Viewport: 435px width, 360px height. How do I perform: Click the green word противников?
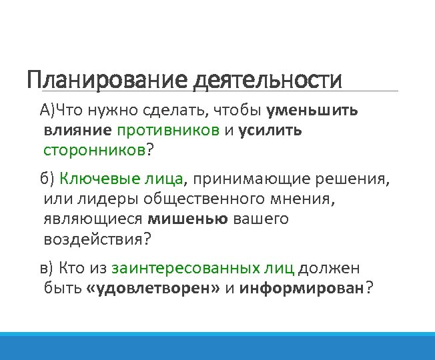click(168, 130)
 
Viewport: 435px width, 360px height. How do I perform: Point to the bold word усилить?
click(270, 130)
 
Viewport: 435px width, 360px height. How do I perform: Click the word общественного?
click(190, 199)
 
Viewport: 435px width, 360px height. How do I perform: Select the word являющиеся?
click(93, 219)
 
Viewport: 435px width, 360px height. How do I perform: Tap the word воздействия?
click(94, 239)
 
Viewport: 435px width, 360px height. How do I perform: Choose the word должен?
click(329, 268)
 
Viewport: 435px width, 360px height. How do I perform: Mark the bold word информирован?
click(303, 288)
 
